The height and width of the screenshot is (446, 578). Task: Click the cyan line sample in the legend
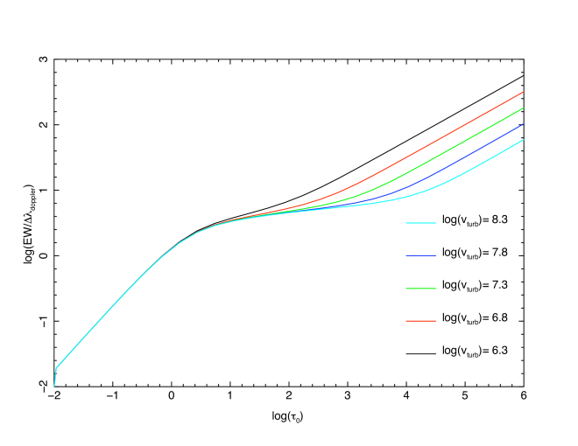(421, 223)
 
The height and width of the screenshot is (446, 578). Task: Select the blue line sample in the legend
(421, 255)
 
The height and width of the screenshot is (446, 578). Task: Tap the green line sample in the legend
(421, 289)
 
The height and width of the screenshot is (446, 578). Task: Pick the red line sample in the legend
(421, 321)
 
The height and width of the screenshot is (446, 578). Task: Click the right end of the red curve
(523, 91)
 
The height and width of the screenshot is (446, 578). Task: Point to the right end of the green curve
(523, 108)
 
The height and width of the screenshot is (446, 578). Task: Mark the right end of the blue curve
(523, 124)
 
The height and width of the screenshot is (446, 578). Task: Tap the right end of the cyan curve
(523, 140)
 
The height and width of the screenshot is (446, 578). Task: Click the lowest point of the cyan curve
(54, 386)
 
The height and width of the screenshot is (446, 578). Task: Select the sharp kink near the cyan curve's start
(57, 367)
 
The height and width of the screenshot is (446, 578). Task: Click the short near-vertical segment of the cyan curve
(55, 377)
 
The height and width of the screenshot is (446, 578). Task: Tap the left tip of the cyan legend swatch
(406, 223)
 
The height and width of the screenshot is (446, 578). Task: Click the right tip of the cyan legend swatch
(436, 223)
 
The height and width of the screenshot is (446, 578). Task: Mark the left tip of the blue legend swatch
(406, 255)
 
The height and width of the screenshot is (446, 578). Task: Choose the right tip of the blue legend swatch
(436, 255)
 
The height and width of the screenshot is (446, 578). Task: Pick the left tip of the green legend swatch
(406, 289)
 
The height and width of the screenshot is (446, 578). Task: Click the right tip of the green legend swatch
(436, 289)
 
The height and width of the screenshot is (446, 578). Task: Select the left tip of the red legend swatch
(406, 321)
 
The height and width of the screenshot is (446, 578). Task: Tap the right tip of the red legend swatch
(436, 321)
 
